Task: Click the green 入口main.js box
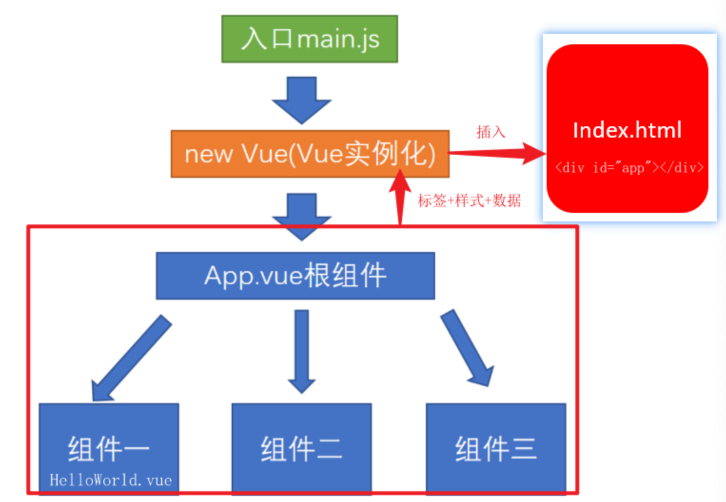[309, 39]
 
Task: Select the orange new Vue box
[310, 154]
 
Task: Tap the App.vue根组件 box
[295, 276]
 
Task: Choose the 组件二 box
[301, 448]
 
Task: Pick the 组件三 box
[496, 448]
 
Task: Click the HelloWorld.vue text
[111, 480]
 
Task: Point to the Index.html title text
[627, 131]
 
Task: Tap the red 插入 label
[491, 132]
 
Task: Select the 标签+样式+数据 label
[469, 201]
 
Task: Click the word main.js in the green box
[338, 39]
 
